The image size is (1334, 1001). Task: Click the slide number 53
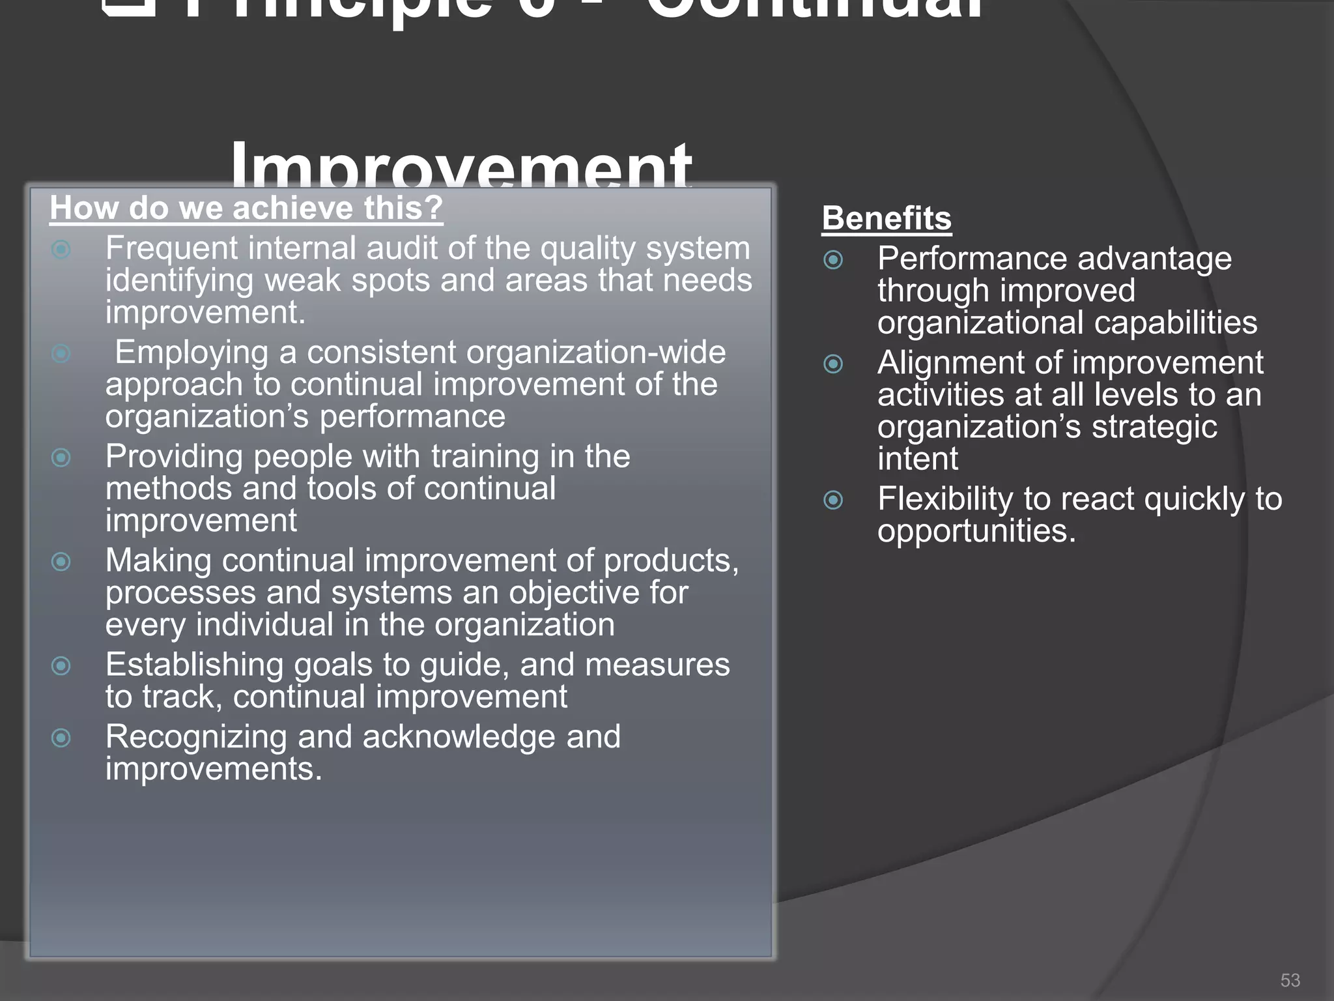tap(1290, 980)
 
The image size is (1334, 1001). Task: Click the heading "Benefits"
tap(887, 218)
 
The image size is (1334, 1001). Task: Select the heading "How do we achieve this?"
tap(246, 209)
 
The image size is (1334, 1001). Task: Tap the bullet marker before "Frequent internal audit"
tap(61, 250)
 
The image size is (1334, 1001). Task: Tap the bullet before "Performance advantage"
tap(833, 260)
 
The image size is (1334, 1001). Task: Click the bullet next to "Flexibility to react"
tap(833, 500)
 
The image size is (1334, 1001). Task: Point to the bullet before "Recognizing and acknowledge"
tap(61, 738)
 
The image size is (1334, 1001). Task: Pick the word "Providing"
tap(174, 457)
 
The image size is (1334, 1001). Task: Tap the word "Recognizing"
tap(196, 738)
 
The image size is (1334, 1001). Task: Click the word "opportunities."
tap(976, 531)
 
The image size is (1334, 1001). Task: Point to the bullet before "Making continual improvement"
tap(61, 562)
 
